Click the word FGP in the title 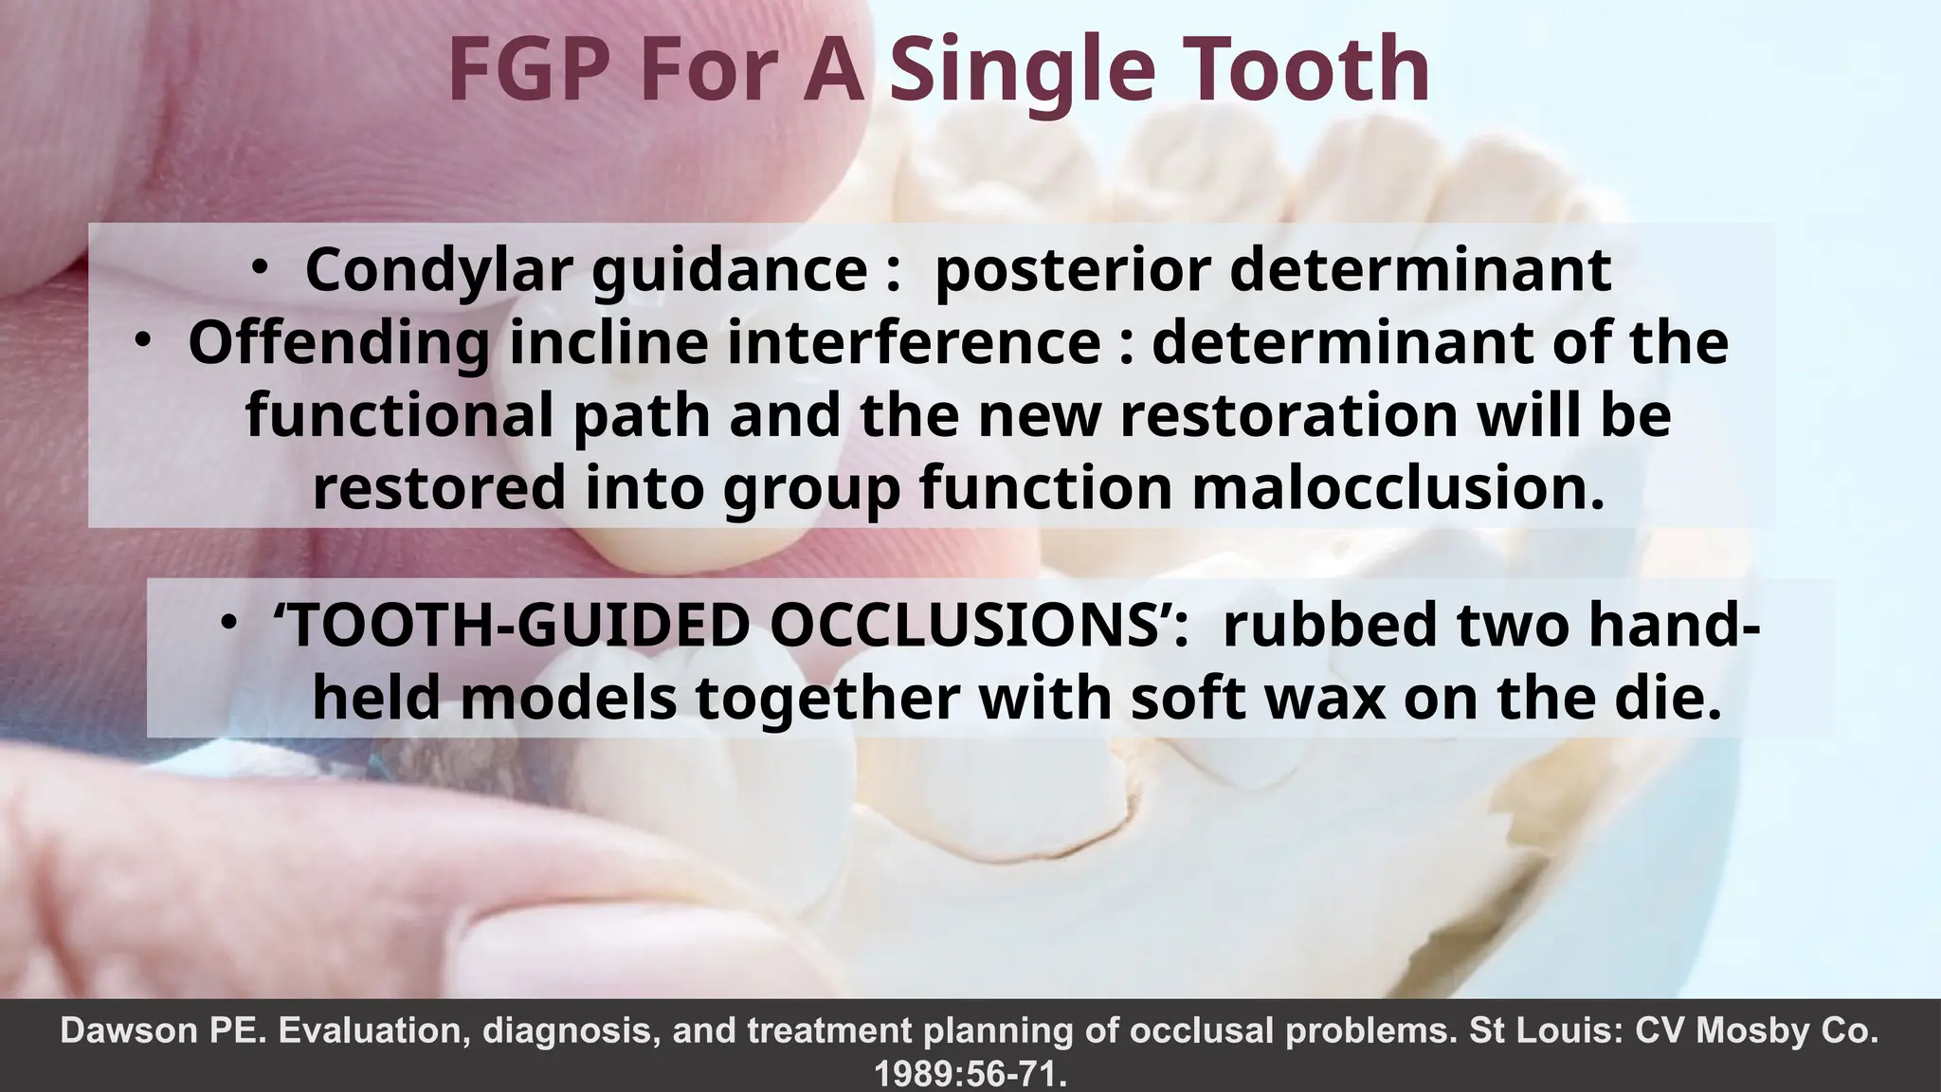pos(534,70)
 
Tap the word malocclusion pos(1398,488)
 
